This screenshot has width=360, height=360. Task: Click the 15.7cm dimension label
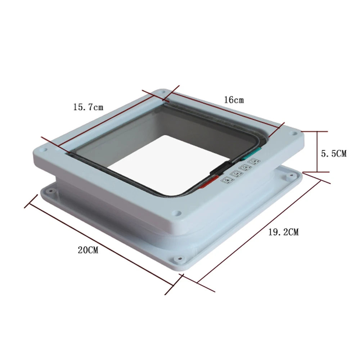(x=88, y=107)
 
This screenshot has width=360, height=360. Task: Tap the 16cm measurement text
(x=234, y=100)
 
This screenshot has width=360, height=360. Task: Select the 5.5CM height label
(x=334, y=154)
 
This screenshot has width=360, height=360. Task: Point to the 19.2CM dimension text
(x=284, y=232)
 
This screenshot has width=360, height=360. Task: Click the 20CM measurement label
(x=88, y=250)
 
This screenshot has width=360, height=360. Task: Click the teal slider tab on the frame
(x=251, y=154)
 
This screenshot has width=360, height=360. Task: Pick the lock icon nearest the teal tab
(x=254, y=161)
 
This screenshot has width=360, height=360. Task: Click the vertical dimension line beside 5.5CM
(x=317, y=152)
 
